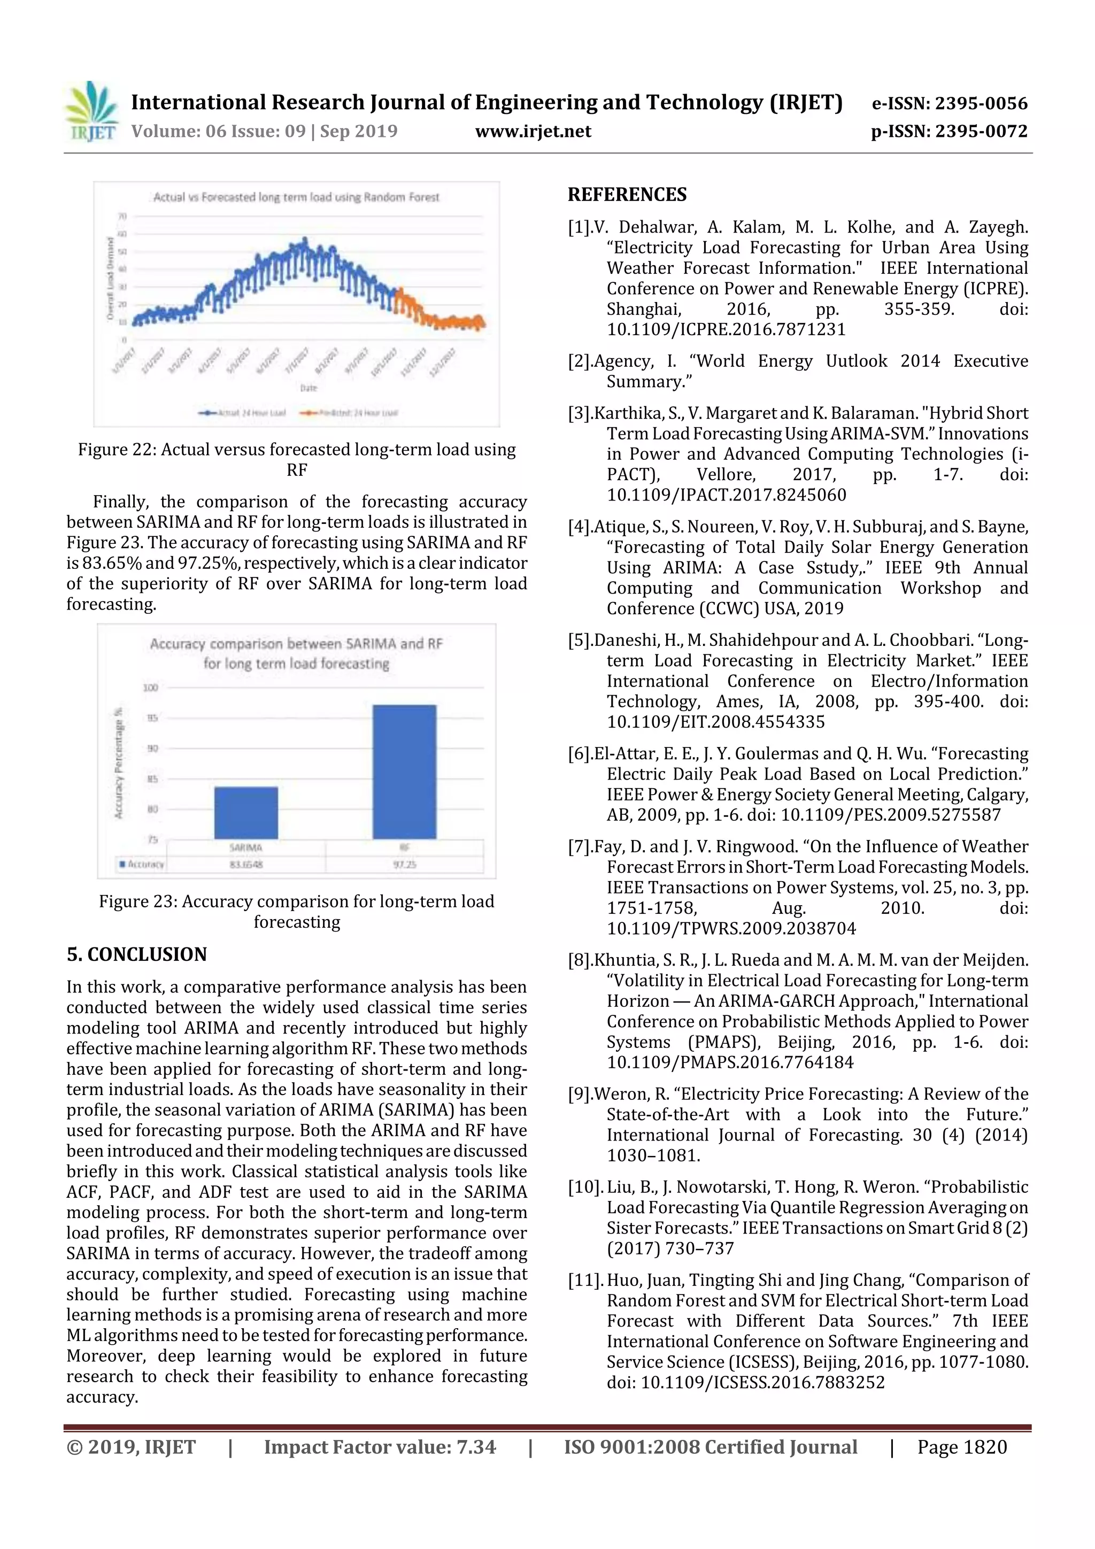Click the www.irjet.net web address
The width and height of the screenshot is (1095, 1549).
533,132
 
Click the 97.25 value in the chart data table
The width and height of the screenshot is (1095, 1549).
404,864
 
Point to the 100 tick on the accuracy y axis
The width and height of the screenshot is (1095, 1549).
150,688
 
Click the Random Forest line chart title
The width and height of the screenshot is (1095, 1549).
296,197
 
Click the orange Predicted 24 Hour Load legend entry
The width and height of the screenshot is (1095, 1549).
349,412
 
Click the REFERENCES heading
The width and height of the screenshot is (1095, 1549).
627,195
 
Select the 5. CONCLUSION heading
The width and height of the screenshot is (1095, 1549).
136,954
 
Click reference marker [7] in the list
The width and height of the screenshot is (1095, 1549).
580,847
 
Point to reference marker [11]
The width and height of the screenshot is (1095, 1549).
584,1281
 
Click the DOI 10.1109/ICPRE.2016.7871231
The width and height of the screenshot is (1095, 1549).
726,330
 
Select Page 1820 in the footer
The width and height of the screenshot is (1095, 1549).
961,1447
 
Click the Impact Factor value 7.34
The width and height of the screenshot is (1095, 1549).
476,1447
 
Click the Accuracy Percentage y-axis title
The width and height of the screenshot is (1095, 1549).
119,762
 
